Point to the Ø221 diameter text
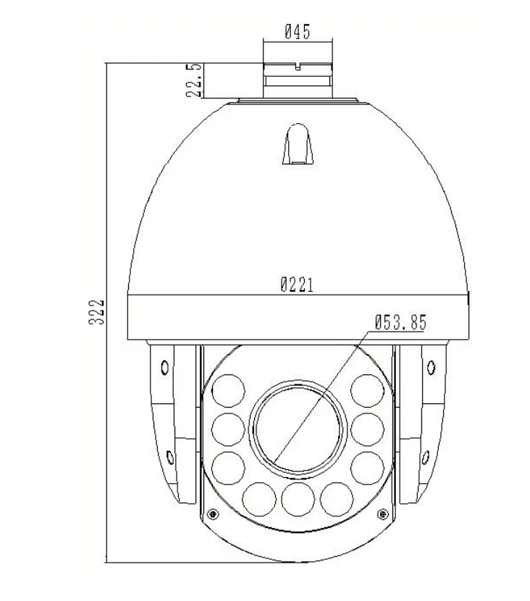297,285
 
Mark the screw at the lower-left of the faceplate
212,514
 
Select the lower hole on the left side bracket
169,457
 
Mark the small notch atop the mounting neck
297,67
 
